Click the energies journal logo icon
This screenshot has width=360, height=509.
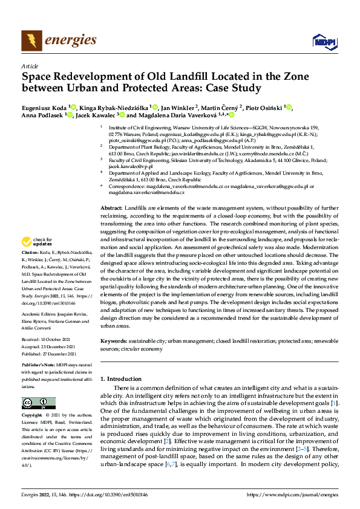coord(28,40)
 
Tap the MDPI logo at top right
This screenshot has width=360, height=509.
coord(322,41)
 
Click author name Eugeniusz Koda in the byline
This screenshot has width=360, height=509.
coord(44,107)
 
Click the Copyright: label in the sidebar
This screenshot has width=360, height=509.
coord(33,415)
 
